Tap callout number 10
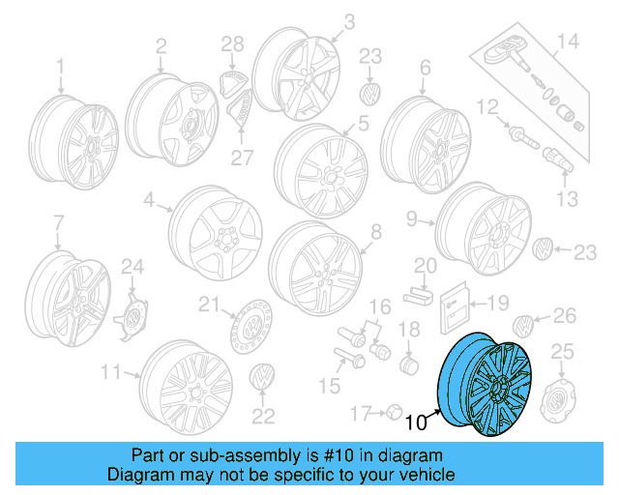(416, 422)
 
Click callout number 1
(59, 66)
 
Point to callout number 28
(232, 44)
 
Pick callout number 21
(205, 306)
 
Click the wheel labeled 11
(184, 387)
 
